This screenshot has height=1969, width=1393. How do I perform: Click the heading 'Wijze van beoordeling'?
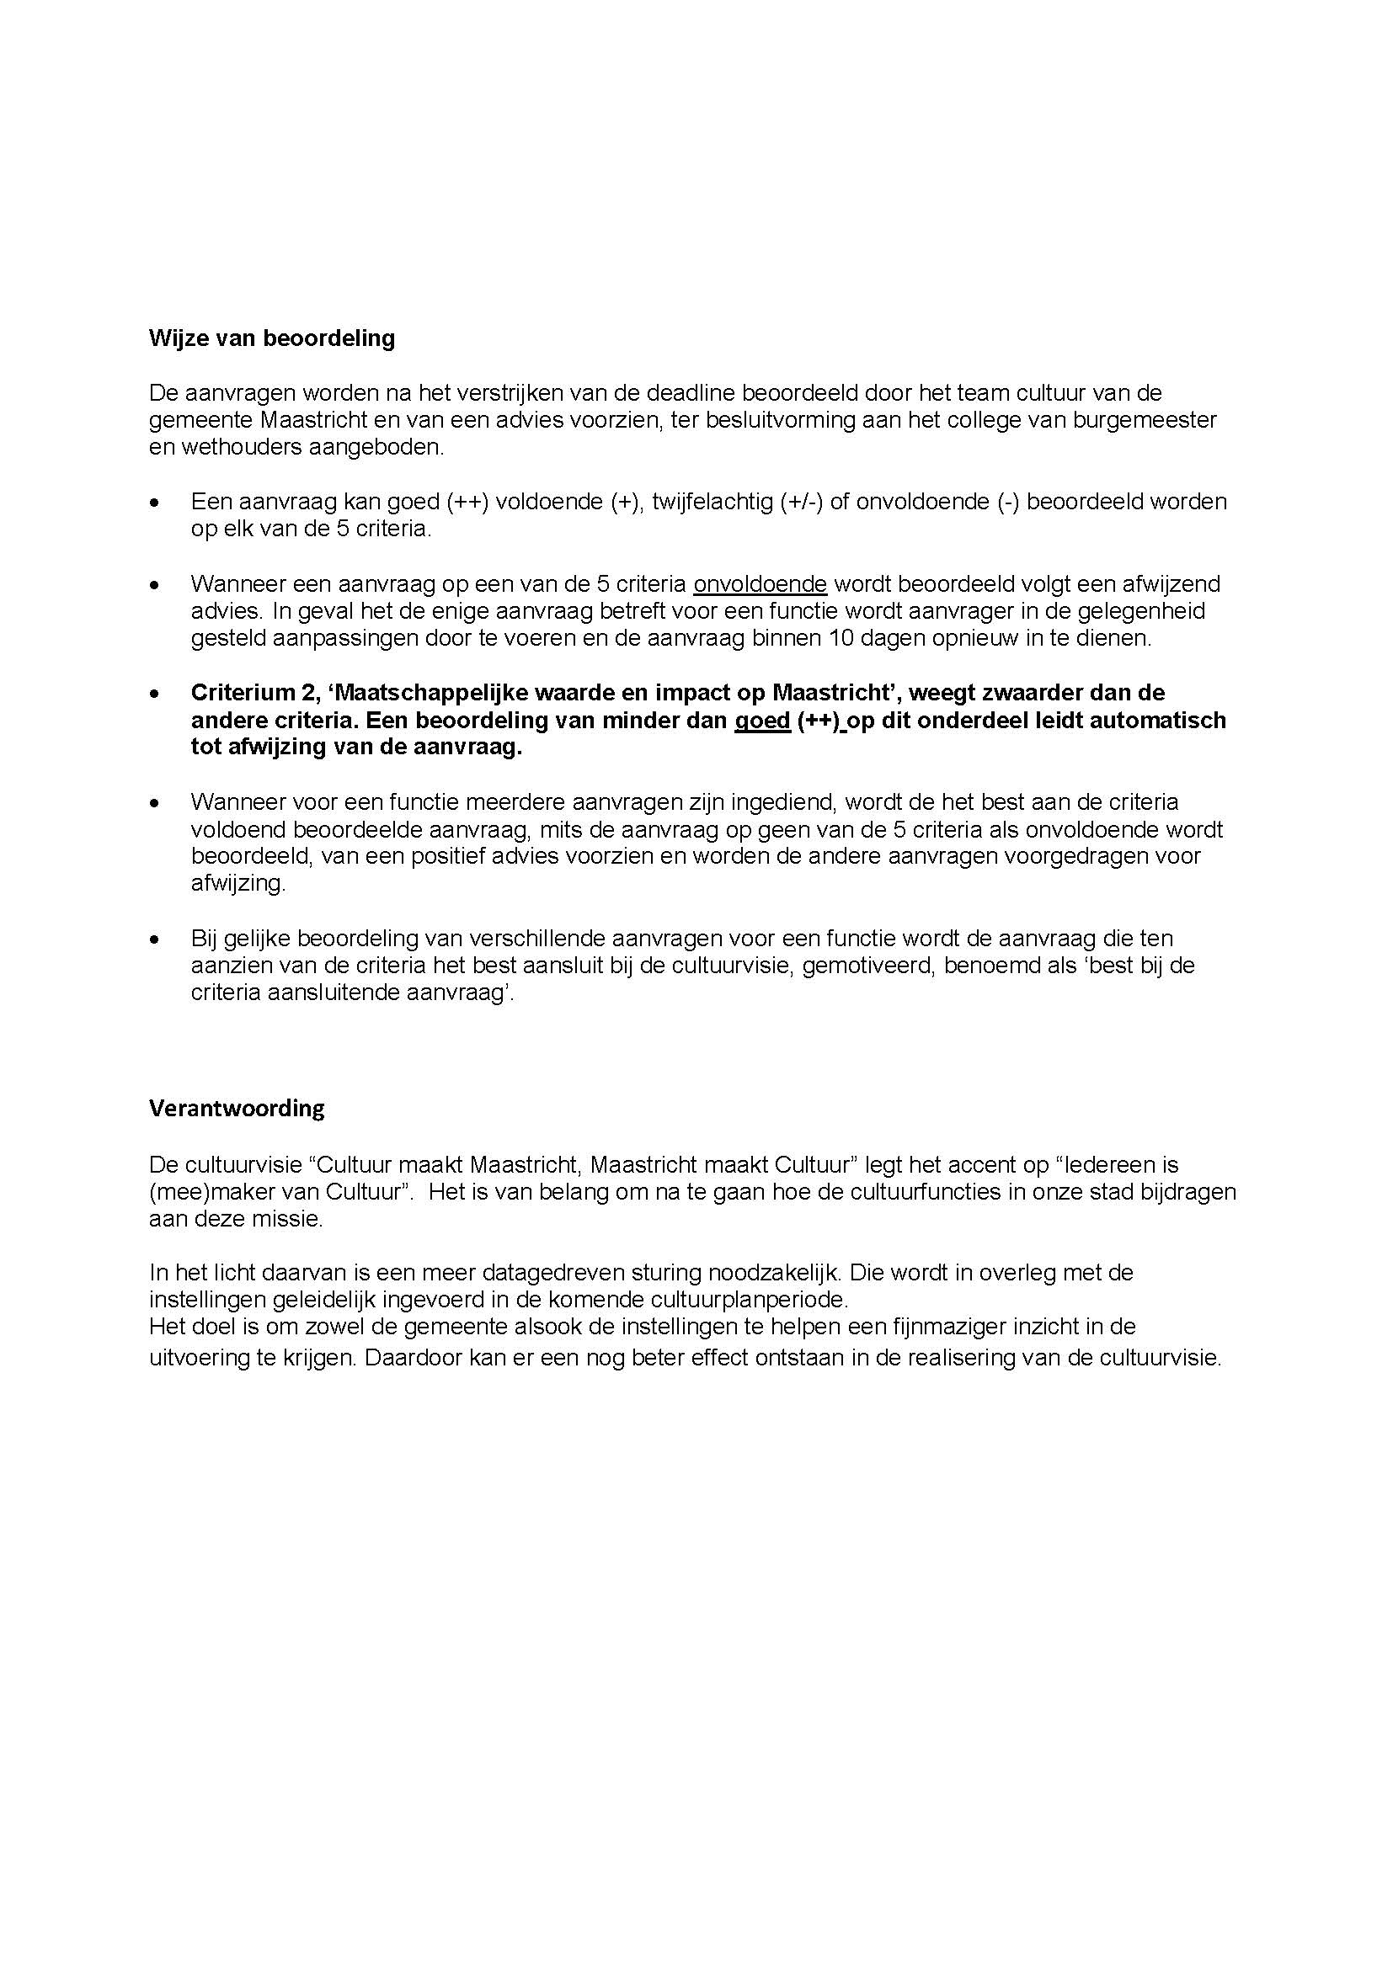pos(272,338)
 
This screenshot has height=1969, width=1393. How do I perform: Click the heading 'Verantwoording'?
pos(237,1109)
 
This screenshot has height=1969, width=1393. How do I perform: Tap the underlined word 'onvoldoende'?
pos(759,584)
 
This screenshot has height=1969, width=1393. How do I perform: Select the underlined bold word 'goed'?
pos(761,721)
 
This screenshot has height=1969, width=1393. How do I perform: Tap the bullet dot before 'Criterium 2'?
pos(154,693)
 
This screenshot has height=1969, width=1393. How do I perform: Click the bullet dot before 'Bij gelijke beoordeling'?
pos(154,940)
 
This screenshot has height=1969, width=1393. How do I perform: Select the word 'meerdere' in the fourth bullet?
pos(486,803)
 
